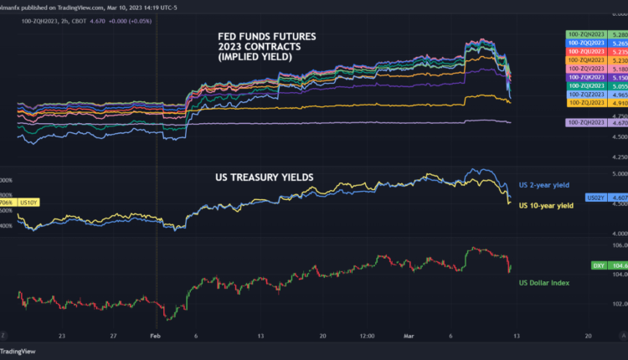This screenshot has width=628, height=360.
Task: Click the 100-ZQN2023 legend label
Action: [585, 34]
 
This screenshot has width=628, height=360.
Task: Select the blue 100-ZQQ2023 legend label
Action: [585, 43]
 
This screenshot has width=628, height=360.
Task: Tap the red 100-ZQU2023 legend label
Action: [585, 51]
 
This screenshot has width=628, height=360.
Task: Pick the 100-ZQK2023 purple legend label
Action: [585, 77]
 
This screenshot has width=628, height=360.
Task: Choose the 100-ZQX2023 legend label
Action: [585, 85]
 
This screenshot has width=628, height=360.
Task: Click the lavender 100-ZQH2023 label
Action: [585, 122]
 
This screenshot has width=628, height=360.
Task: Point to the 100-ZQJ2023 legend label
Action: [585, 103]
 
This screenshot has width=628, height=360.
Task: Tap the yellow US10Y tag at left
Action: [28, 203]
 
